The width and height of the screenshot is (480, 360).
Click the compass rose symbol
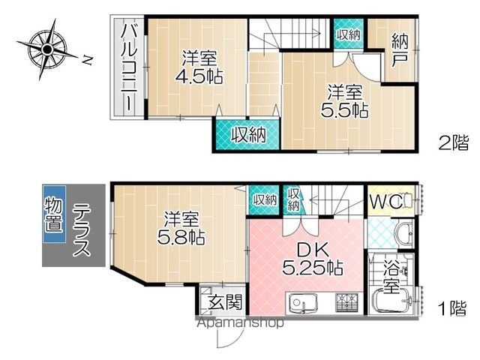tap(46, 49)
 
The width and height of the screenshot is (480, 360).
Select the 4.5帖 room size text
tap(199, 76)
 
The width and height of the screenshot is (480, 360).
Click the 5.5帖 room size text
tap(344, 111)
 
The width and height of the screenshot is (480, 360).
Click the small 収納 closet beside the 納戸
tap(349, 34)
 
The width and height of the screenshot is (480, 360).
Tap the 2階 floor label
tap(454, 143)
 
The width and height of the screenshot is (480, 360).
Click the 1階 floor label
tap(453, 308)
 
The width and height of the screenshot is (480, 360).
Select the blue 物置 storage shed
tap(54, 214)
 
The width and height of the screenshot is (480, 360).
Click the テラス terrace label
tap(82, 229)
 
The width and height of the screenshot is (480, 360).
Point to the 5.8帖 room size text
tap(181, 237)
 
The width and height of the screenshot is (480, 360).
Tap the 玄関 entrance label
tap(225, 301)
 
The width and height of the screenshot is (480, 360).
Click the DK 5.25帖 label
tap(312, 259)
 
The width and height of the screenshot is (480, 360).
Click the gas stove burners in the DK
tap(346, 302)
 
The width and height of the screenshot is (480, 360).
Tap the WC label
tap(385, 202)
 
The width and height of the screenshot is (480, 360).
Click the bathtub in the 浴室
tap(392, 301)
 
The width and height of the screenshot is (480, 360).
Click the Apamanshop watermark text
tap(240, 322)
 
